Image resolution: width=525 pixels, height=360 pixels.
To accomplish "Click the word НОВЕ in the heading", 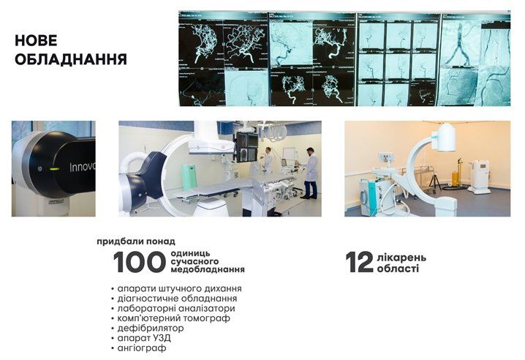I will pyautogui.click(x=36, y=42).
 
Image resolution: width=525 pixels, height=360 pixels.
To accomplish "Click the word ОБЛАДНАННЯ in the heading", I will pyautogui.click(x=70, y=60).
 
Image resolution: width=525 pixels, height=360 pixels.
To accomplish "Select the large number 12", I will pyautogui.click(x=359, y=263).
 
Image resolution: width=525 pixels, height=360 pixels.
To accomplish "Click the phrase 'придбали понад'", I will pyautogui.click(x=136, y=241).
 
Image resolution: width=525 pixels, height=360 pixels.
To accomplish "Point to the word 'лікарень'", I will pyautogui.click(x=401, y=258).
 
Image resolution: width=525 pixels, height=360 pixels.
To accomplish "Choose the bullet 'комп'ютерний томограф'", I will pyautogui.click(x=170, y=318).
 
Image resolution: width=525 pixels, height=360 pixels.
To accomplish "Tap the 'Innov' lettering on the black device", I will pyautogui.click(x=82, y=167).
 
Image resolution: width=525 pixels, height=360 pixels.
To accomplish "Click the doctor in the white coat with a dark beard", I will pyautogui.click(x=311, y=172).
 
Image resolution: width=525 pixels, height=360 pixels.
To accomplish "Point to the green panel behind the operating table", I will pyautogui.click(x=189, y=176).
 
